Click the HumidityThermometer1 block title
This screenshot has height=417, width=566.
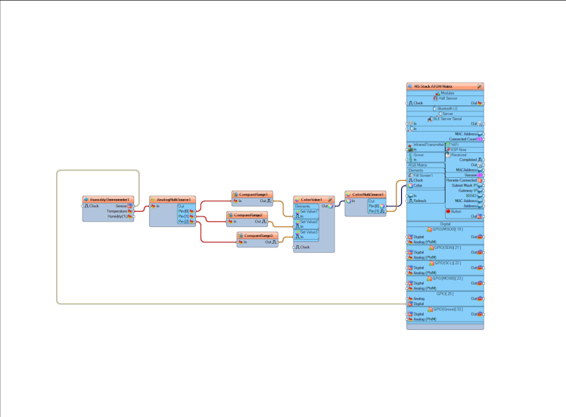[108, 200]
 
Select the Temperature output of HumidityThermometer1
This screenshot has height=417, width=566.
[117, 211]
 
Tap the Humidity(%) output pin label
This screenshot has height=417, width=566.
[116, 216]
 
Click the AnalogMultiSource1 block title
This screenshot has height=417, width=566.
[173, 200]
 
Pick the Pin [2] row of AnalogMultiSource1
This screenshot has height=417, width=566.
[184, 222]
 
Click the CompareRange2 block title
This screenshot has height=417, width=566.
[249, 216]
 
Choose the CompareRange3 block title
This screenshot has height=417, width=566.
[257, 236]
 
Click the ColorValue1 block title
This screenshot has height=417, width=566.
[312, 200]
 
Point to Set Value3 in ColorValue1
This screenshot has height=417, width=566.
[309, 232]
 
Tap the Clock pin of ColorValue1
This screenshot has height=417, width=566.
[304, 247]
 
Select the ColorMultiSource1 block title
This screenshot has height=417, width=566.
[367, 194]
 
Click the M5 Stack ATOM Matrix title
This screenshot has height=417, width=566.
[443, 87]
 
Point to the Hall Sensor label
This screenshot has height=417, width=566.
[447, 98]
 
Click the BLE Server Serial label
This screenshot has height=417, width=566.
[447, 119]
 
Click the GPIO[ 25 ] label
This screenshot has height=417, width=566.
[445, 293]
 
